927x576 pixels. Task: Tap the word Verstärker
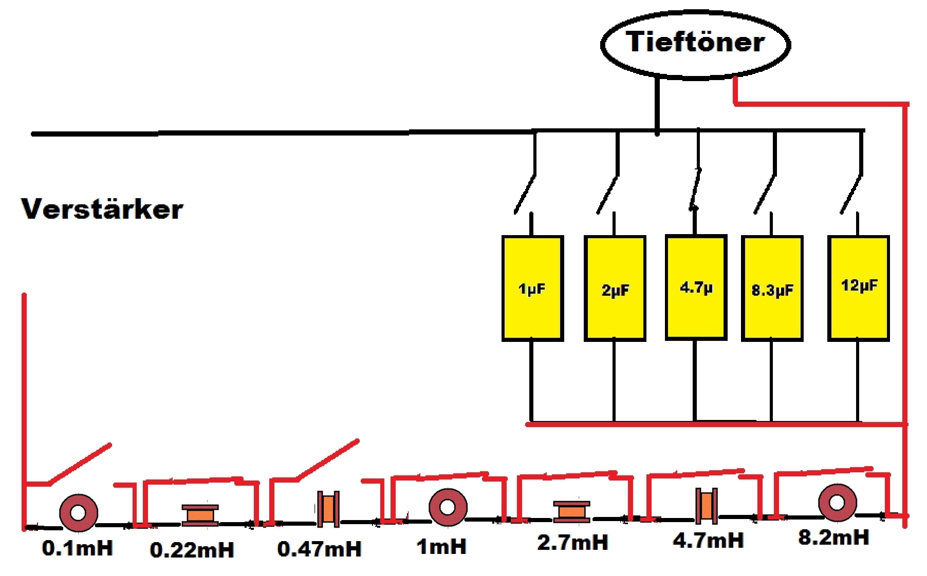tap(102, 209)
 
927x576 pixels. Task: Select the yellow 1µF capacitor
tap(532, 288)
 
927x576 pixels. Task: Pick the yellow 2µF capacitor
tap(615, 289)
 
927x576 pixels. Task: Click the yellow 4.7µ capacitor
tap(696, 287)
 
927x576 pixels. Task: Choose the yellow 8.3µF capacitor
tap(772, 289)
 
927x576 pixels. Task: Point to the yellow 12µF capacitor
tap(858, 287)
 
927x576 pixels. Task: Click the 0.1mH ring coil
tap(79, 512)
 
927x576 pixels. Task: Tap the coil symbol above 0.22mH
tap(200, 515)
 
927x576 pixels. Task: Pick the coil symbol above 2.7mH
tap(571, 511)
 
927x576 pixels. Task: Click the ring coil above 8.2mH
tap(837, 502)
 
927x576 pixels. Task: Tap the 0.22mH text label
tap(192, 550)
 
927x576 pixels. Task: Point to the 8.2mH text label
tap(833, 537)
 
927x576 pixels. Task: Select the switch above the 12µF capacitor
tap(851, 195)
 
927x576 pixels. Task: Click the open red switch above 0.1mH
tap(80, 464)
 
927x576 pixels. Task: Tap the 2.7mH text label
tap(572, 542)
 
